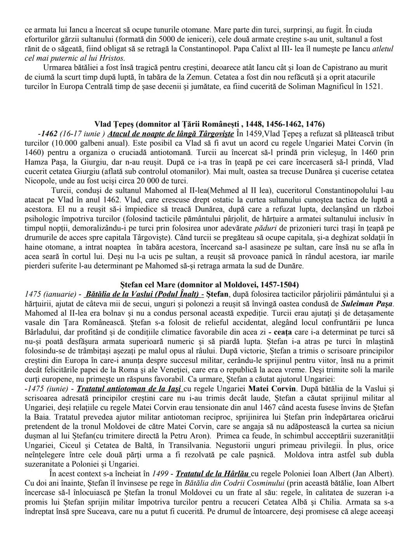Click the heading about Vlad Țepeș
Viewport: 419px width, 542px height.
point(209,124)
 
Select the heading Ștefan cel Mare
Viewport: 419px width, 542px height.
point(209,284)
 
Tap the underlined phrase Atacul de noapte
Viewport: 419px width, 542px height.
point(171,134)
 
